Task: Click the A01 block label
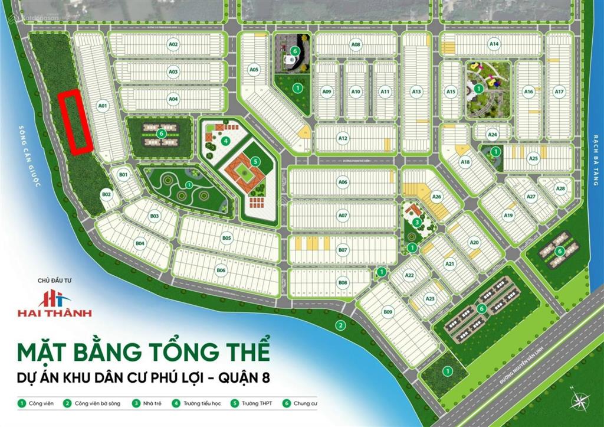[x=103, y=106]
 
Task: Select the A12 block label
[x=343, y=138]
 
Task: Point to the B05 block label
[x=227, y=238]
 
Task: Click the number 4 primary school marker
[x=225, y=141]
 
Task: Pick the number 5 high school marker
[x=255, y=161]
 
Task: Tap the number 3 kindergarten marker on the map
[x=417, y=222]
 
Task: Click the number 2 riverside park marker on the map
[x=340, y=324]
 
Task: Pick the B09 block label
[x=388, y=311]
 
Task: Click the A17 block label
[x=559, y=92]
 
